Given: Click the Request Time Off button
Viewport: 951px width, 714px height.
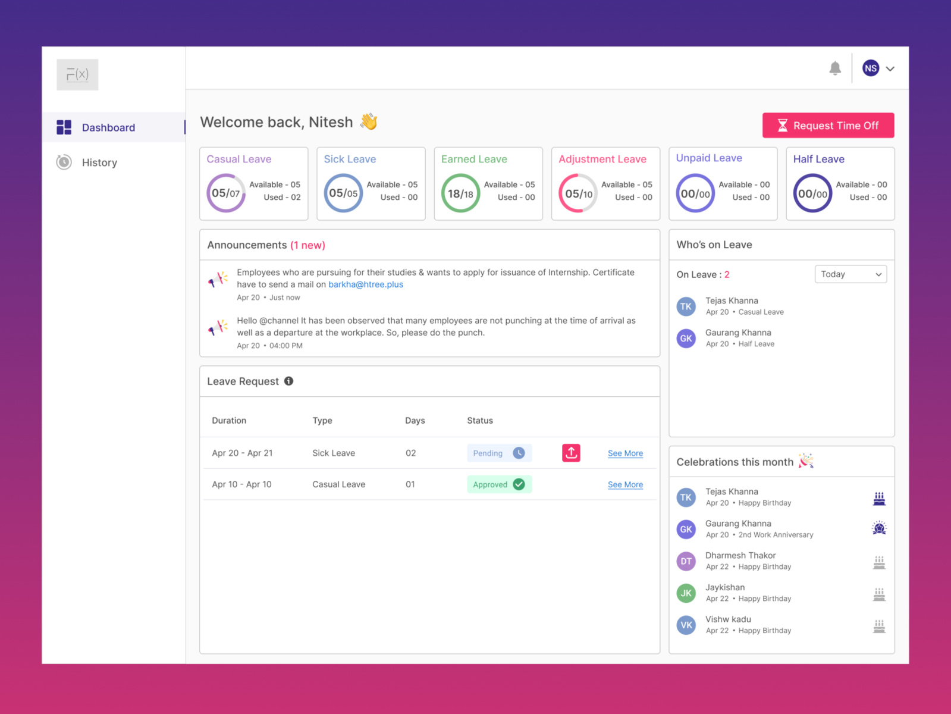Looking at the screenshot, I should coord(828,126).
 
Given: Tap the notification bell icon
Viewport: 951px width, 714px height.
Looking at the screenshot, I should coord(835,68).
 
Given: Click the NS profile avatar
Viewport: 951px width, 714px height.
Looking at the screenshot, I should coord(871,68).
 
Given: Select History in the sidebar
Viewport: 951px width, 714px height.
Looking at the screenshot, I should coord(99,162).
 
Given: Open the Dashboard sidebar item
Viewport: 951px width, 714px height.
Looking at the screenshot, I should coord(108,127).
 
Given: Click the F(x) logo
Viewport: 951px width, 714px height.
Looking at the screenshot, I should coord(77,74).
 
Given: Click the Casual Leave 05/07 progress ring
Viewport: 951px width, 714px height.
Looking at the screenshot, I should coord(226,193).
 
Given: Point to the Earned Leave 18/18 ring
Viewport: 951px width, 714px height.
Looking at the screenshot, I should coord(460,193).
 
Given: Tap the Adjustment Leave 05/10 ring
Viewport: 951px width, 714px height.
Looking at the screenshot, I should coord(578,193).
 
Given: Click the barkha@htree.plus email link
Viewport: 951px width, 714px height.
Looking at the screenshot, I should coord(366,284).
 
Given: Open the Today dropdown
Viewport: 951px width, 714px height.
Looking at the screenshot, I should coord(850,274).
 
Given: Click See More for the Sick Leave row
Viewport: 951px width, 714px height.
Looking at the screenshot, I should coord(625,453).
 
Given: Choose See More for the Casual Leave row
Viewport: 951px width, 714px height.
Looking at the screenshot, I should coord(625,485).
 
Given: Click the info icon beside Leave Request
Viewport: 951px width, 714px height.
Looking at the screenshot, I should coord(288,381).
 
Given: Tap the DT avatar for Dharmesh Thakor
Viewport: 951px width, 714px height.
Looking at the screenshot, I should coord(686,561).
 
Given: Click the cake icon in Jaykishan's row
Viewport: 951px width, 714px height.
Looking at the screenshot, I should coord(879,593).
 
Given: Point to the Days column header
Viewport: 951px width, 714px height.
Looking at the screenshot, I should coord(415,421).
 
